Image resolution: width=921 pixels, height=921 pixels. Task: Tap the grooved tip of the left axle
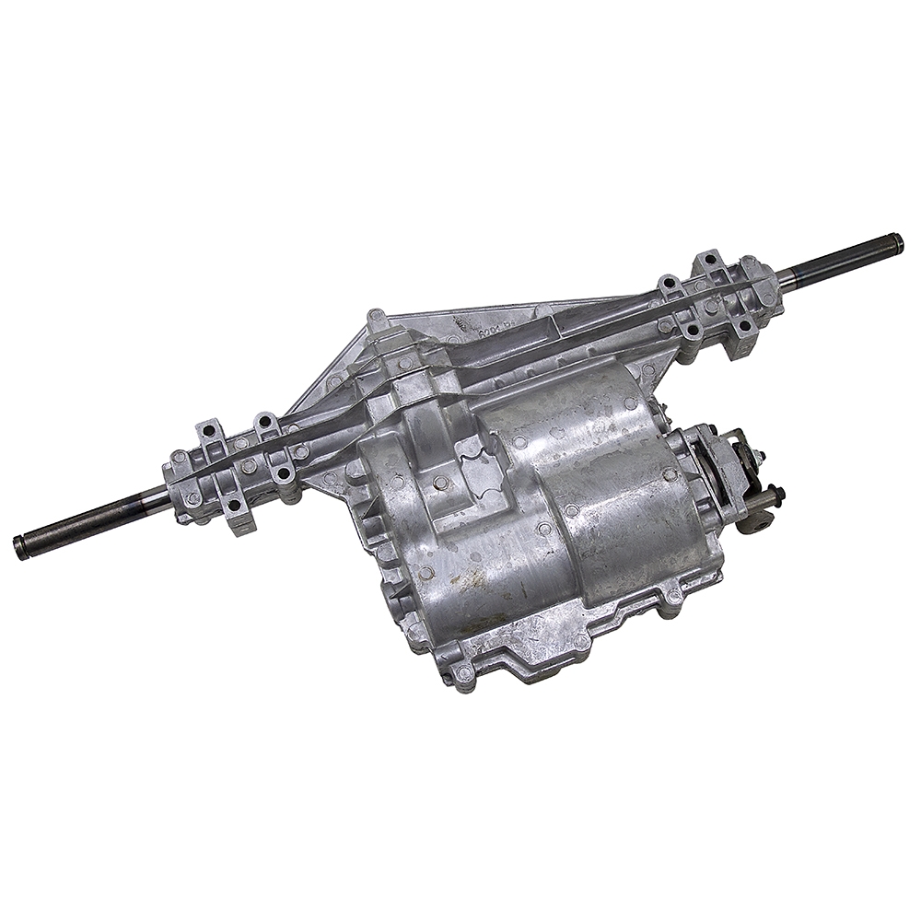(20, 546)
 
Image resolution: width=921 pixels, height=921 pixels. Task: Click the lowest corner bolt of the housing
(460, 677)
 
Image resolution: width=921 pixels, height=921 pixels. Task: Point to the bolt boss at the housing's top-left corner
(376, 318)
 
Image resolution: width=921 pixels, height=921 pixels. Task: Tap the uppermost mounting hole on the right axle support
(709, 259)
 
